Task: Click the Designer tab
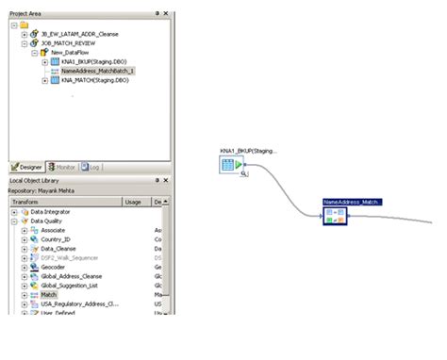click(27, 167)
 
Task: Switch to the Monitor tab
click(63, 167)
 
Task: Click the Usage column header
click(133, 201)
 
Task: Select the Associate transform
click(53, 230)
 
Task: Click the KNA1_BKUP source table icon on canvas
click(227, 165)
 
